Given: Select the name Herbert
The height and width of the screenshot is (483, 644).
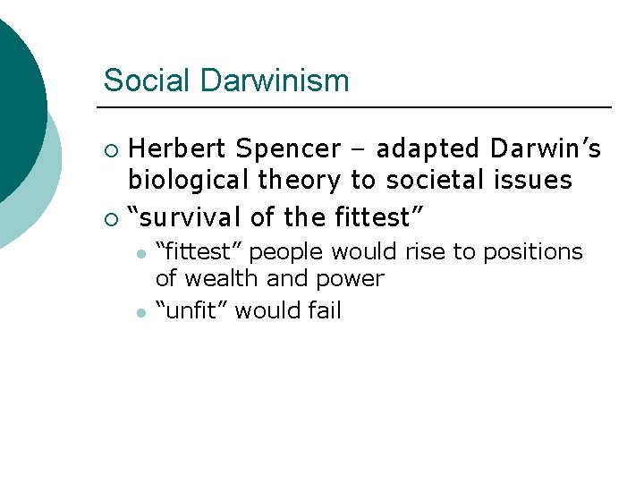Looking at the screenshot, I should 178,148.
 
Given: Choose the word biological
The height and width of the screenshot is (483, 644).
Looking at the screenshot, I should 189,180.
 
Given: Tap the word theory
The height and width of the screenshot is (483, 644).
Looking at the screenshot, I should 301,180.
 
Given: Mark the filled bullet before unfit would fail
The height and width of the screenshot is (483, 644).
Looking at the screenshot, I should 140,311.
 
